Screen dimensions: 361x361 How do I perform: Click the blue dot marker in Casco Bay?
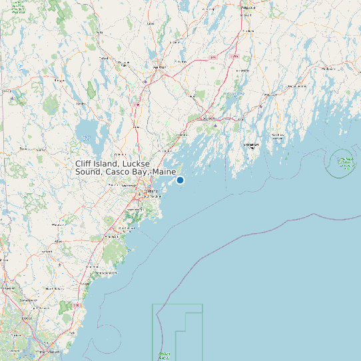[180, 180]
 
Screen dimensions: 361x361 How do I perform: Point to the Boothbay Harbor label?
[251, 145]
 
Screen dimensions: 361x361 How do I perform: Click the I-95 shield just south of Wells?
[77, 304]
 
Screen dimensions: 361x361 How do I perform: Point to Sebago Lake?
[86, 131]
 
